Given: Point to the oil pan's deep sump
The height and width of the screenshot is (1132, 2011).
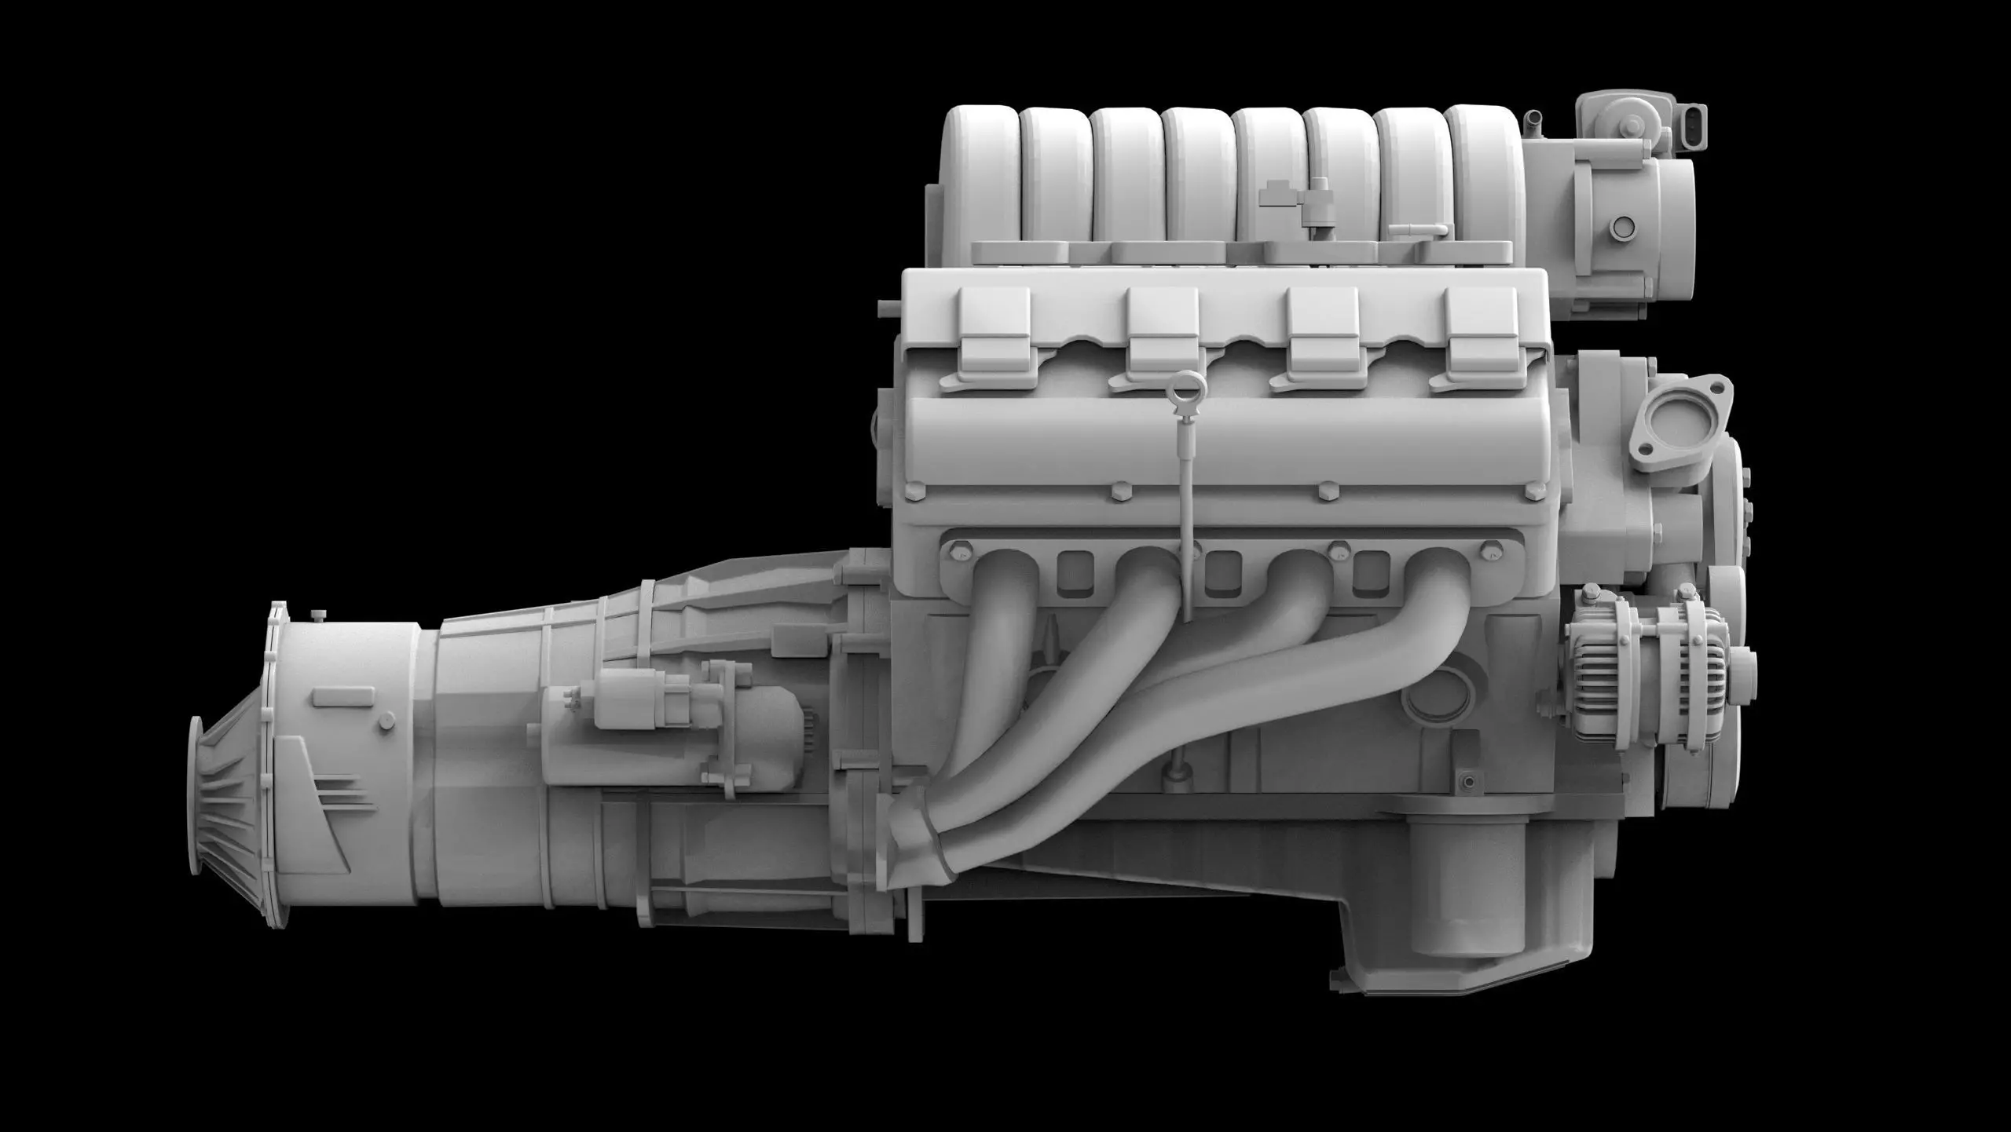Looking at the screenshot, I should pyautogui.click(x=1453, y=926).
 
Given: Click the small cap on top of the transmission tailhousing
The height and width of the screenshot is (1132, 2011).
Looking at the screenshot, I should pyautogui.click(x=318, y=614).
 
